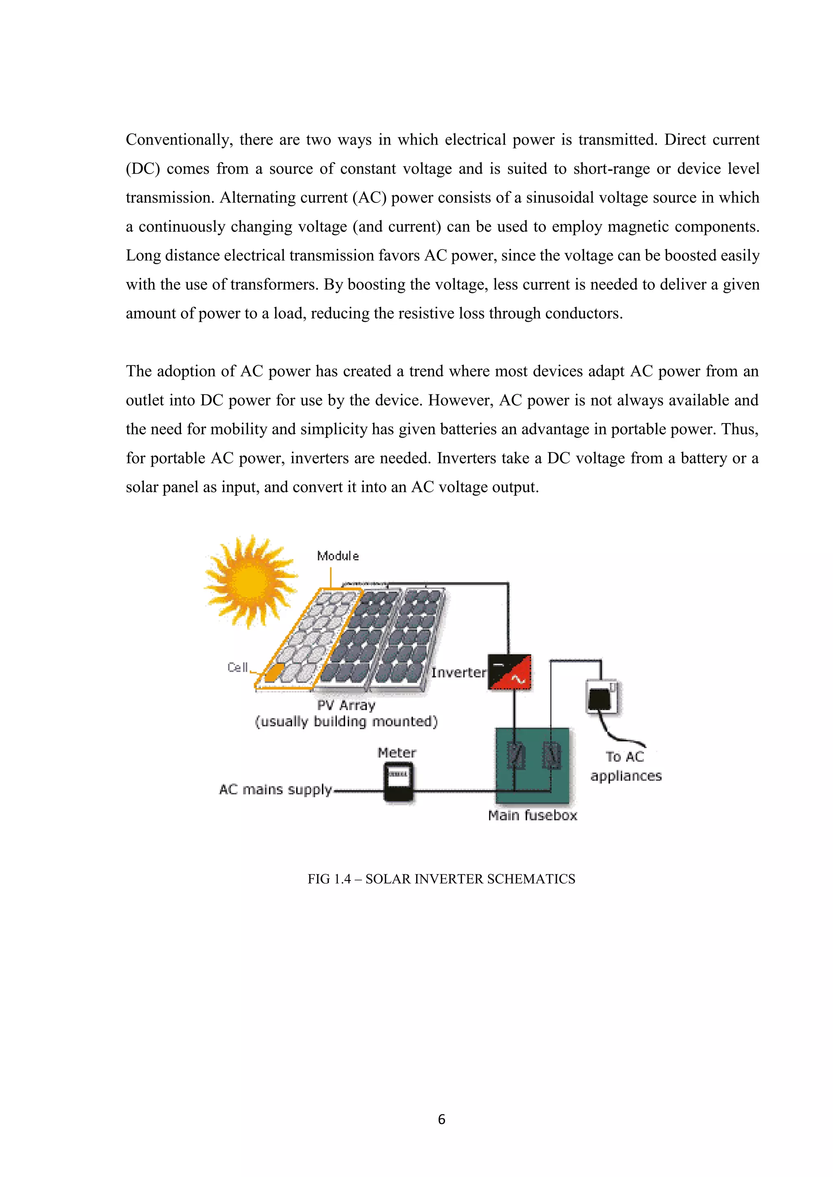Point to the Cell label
pyautogui.click(x=238, y=667)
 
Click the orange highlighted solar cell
pyautogui.click(x=275, y=672)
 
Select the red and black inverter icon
pyautogui.click(x=509, y=672)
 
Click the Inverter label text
pyautogui.click(x=458, y=673)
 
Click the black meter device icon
pyautogui.click(x=399, y=782)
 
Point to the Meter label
pyautogui.click(x=397, y=753)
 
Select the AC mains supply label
pyautogui.click(x=275, y=789)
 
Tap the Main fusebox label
pyautogui.click(x=532, y=815)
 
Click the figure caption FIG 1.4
pyautogui.click(x=441, y=879)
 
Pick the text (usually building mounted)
pyautogui.click(x=346, y=722)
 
